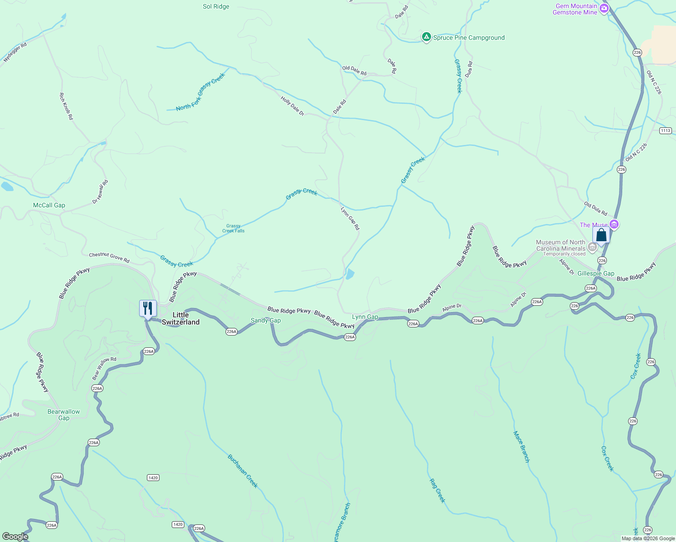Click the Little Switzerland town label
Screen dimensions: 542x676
[x=180, y=318]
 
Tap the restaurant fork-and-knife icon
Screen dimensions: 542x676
[x=148, y=308]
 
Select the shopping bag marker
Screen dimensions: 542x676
[x=601, y=235]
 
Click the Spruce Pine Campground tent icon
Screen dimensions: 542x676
[x=426, y=37]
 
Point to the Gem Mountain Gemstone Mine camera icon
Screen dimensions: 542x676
[x=604, y=8]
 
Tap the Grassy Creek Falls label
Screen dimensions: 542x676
[x=233, y=229]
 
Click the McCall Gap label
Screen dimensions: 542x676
[x=49, y=205]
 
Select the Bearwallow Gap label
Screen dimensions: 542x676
[x=64, y=415]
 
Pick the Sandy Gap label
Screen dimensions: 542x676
[x=266, y=320]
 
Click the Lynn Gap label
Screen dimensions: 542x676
[x=365, y=317]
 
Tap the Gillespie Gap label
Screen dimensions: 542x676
[x=596, y=273]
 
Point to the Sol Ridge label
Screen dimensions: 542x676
[x=216, y=6]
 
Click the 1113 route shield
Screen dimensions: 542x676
[x=665, y=131]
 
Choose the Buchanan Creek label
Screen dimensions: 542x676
[x=243, y=471]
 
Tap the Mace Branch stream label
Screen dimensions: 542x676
[x=521, y=447]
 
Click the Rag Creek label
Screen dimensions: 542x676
[x=437, y=491]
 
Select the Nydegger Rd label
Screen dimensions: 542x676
[x=15, y=52]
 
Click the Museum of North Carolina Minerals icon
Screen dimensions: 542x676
[x=592, y=246]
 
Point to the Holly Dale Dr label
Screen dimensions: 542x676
[x=292, y=106]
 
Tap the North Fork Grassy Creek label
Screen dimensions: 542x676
[x=200, y=92]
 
